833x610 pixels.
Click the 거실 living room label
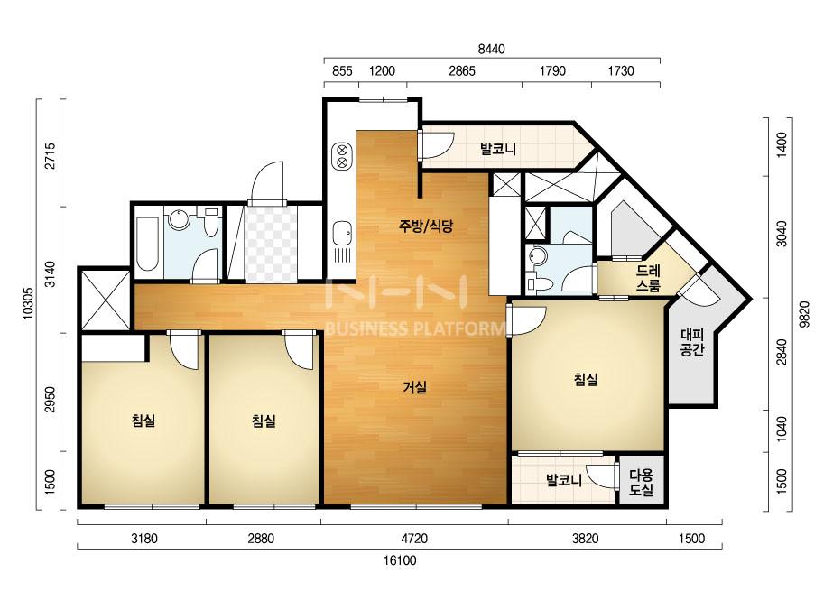coord(414,387)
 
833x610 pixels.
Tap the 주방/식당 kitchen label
coord(426,226)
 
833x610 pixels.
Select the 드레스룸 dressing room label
coord(648,279)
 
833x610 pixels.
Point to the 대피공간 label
coord(692,342)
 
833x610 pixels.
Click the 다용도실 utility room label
coord(641,483)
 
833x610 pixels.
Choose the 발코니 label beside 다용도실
coord(564,481)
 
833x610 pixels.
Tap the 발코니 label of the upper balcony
coord(498,148)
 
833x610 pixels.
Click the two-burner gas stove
coord(343,155)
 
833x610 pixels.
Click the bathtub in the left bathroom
coord(148,244)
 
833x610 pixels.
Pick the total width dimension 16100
coord(400,560)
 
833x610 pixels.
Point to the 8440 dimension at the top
coord(491,50)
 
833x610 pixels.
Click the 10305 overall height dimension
coord(29,303)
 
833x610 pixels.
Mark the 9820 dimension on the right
coord(804,314)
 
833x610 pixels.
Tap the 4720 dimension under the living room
coord(414,539)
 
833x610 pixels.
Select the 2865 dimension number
coord(462,71)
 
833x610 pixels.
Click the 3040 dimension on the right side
coord(781,234)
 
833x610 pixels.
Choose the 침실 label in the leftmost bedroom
coord(143,421)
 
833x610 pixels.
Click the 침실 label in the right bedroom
coord(586,379)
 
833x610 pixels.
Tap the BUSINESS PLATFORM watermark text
coord(414,328)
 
